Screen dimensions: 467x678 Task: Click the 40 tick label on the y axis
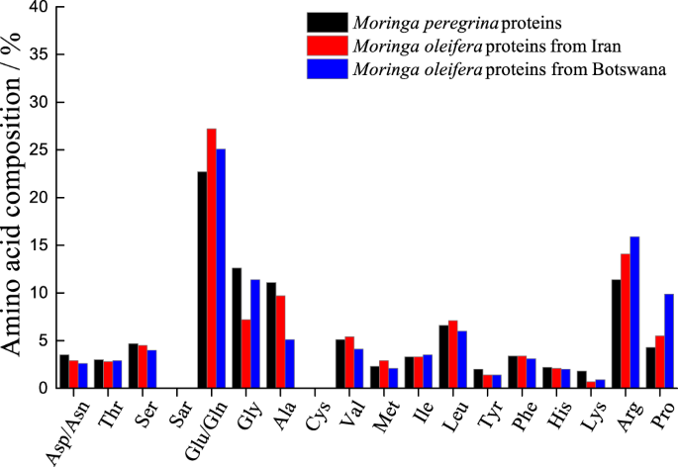40,7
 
